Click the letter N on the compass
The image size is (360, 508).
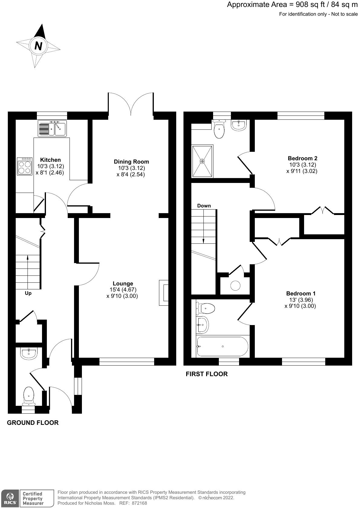pyautogui.click(x=38, y=46)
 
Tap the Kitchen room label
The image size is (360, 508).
pyautogui.click(x=50, y=160)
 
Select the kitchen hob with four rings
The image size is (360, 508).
pyautogui.click(x=25, y=166)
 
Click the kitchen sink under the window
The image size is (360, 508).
pyautogui.click(x=52, y=129)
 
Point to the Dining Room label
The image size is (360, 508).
pyautogui.click(x=131, y=162)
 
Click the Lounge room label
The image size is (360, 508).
pyautogui.click(x=123, y=284)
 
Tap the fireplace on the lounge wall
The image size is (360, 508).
pyautogui.click(x=164, y=293)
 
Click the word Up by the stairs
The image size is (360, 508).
pyautogui.click(x=28, y=293)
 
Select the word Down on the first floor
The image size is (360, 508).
pyautogui.click(x=204, y=206)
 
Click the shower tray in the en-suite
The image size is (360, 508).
pyautogui.click(x=203, y=161)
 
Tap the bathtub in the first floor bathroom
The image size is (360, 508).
pyautogui.click(x=222, y=346)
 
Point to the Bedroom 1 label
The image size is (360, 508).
pyautogui.click(x=301, y=293)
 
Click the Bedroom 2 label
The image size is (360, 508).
pyautogui.click(x=303, y=158)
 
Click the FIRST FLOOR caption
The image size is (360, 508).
pyautogui.click(x=206, y=374)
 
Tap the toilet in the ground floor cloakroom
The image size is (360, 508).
pyautogui.click(x=29, y=397)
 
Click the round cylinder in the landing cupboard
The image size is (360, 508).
pyautogui.click(x=235, y=285)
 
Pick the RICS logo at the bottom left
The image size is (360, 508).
pyautogui.click(x=10, y=498)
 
